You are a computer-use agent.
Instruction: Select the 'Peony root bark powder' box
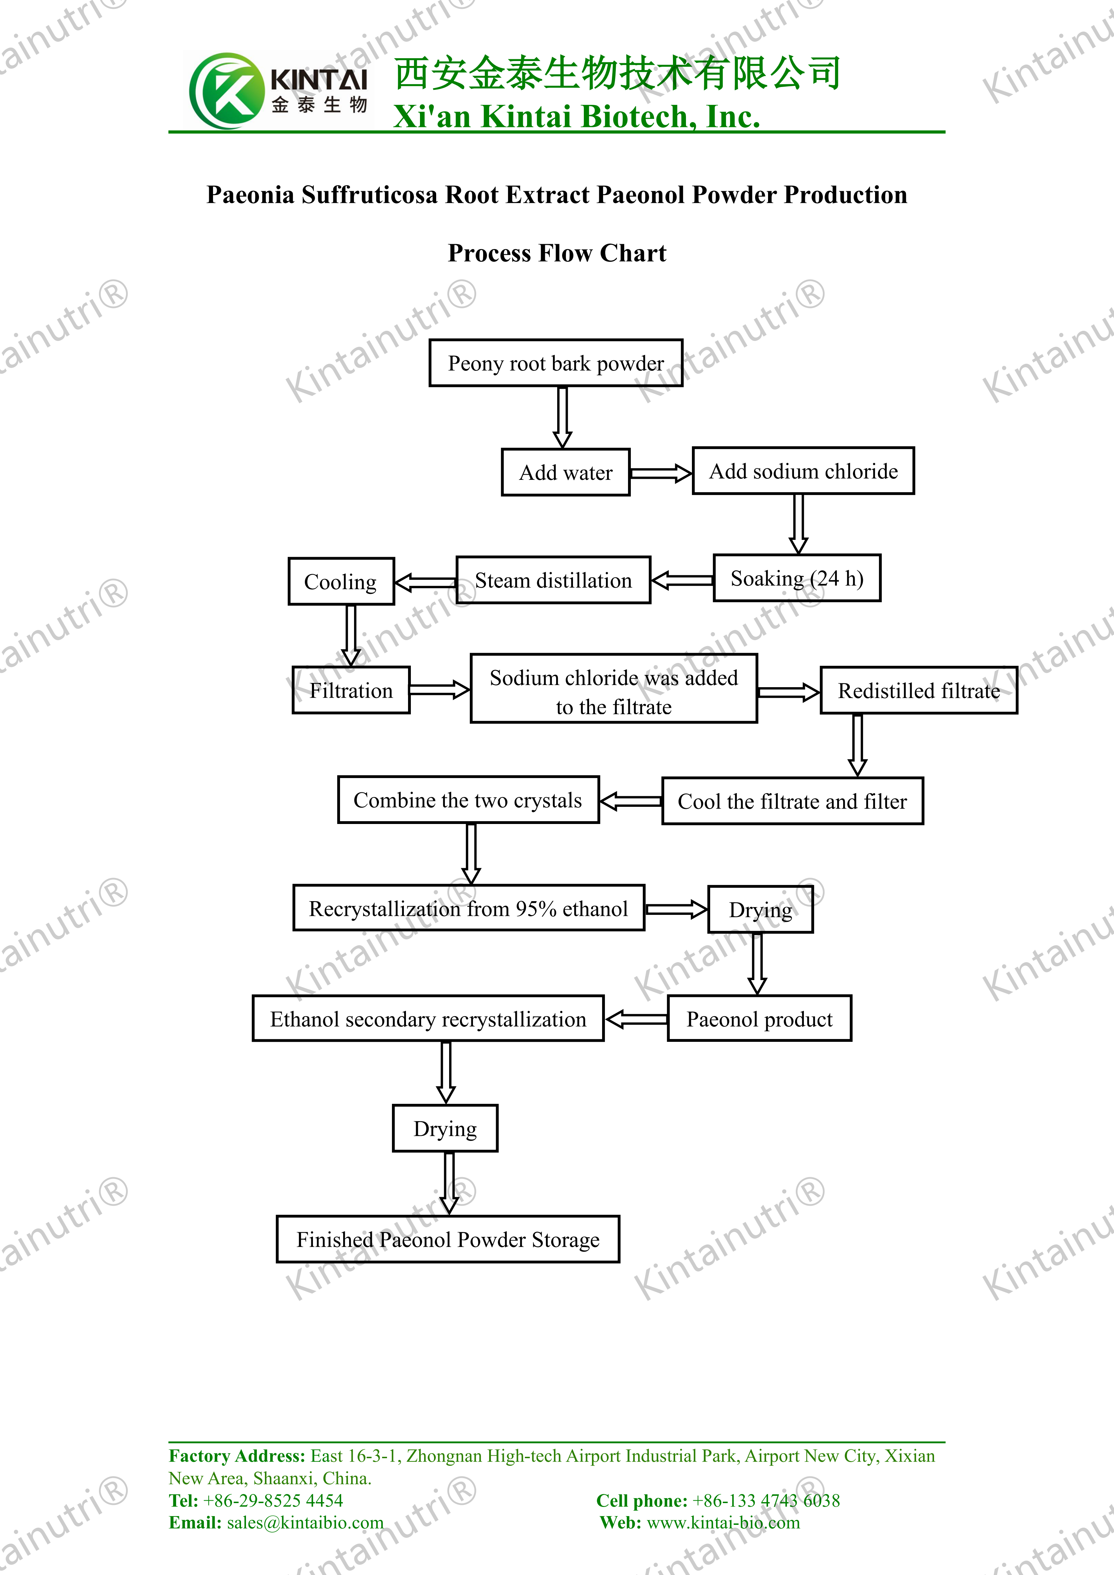[556, 363]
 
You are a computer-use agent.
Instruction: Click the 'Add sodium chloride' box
[803, 471]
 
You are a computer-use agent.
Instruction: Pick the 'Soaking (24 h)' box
[797, 578]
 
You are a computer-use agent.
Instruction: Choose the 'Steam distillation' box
[554, 580]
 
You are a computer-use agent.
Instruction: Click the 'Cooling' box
[341, 582]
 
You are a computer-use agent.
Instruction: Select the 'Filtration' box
[351, 690]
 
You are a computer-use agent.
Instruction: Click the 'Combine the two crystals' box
[468, 800]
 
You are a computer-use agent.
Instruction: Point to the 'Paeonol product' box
[759, 1019]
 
